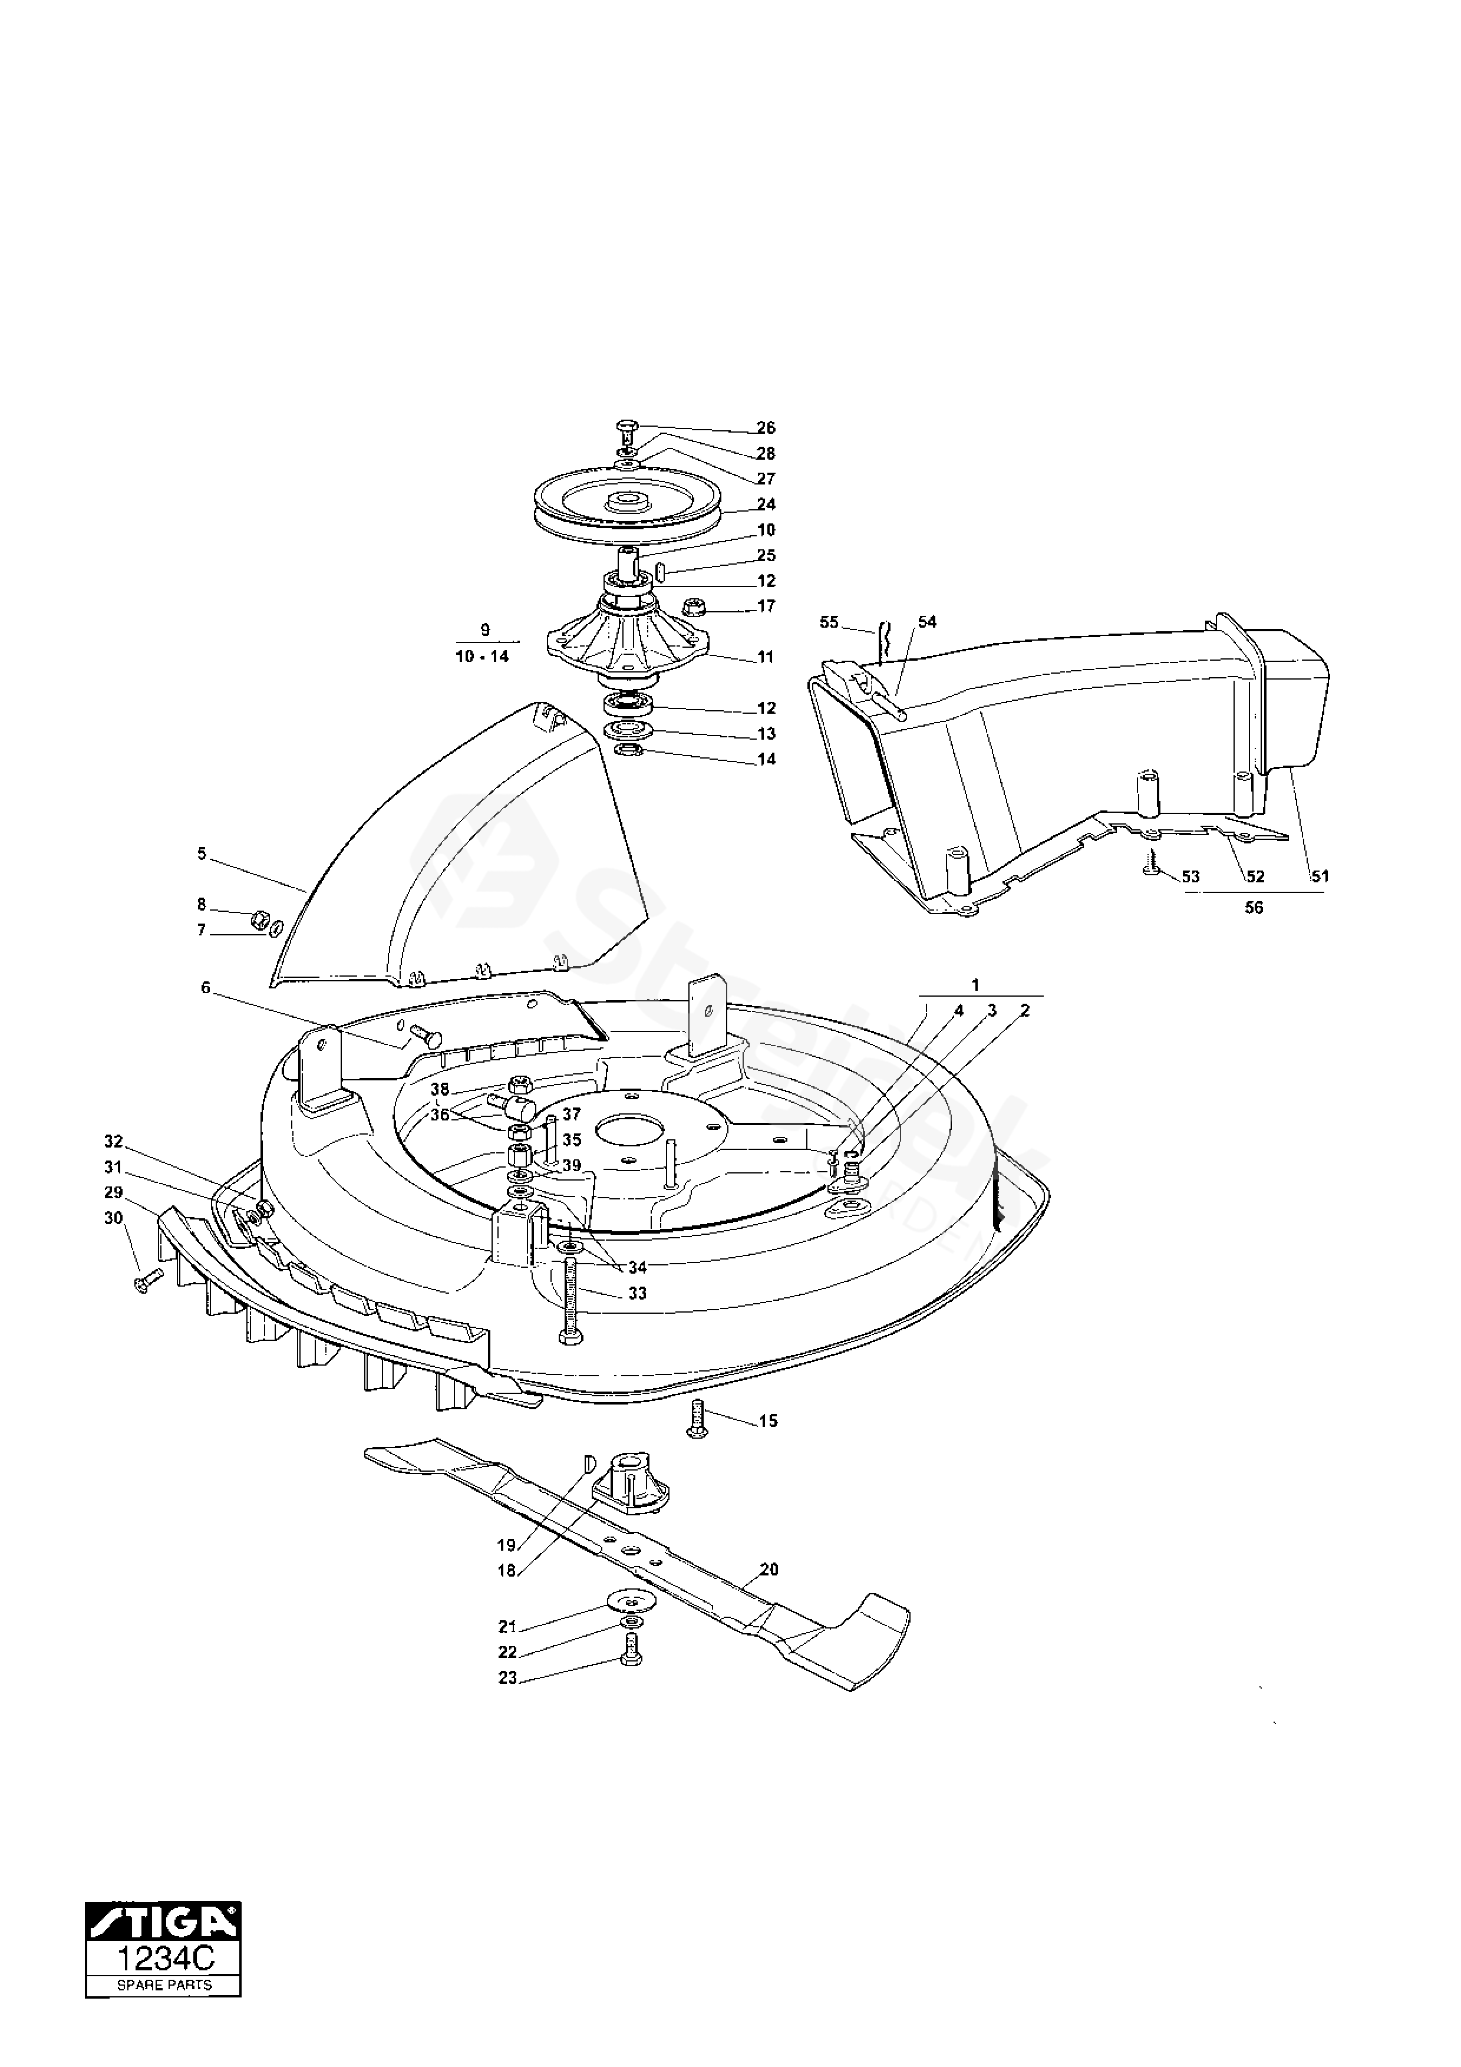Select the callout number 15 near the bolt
click(768, 1422)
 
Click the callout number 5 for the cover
click(202, 853)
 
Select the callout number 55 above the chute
click(829, 622)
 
